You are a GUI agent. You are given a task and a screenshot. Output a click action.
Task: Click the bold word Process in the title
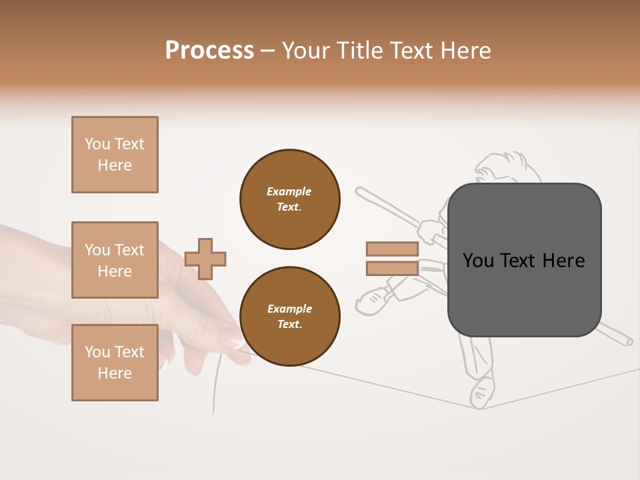click(x=209, y=51)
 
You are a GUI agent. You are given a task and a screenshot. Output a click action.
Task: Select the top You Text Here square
click(x=115, y=155)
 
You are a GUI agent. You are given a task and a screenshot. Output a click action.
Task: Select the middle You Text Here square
click(x=115, y=260)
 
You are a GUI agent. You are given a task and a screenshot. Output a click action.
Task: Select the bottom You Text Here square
click(x=115, y=363)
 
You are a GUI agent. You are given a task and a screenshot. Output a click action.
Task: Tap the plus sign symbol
click(x=205, y=259)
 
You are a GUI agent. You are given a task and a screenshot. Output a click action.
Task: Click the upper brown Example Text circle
click(x=290, y=199)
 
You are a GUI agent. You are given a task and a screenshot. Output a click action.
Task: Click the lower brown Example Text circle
click(x=290, y=316)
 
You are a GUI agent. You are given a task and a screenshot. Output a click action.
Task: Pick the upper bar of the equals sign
click(x=392, y=249)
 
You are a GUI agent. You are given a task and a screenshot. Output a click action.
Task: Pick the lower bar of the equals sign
click(x=392, y=269)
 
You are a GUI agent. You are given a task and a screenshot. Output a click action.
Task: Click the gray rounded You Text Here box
click(x=524, y=293)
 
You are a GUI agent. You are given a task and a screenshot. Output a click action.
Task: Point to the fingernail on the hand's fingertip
click(x=233, y=343)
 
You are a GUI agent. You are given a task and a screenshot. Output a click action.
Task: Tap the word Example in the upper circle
click(x=289, y=191)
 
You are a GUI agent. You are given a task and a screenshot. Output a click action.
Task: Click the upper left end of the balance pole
click(x=360, y=191)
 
